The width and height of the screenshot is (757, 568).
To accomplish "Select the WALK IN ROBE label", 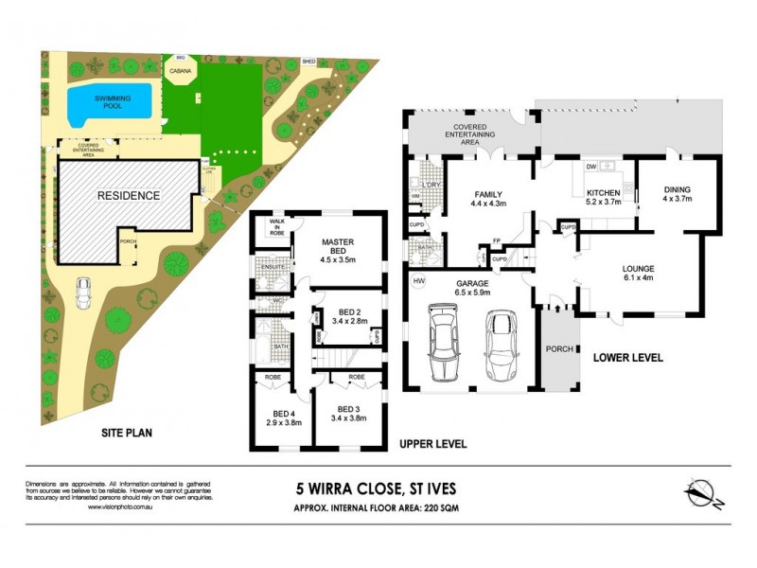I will point(277,225).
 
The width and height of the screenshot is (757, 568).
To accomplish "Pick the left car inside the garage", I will point(442,342).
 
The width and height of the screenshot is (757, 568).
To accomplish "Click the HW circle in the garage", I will point(418,281).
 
